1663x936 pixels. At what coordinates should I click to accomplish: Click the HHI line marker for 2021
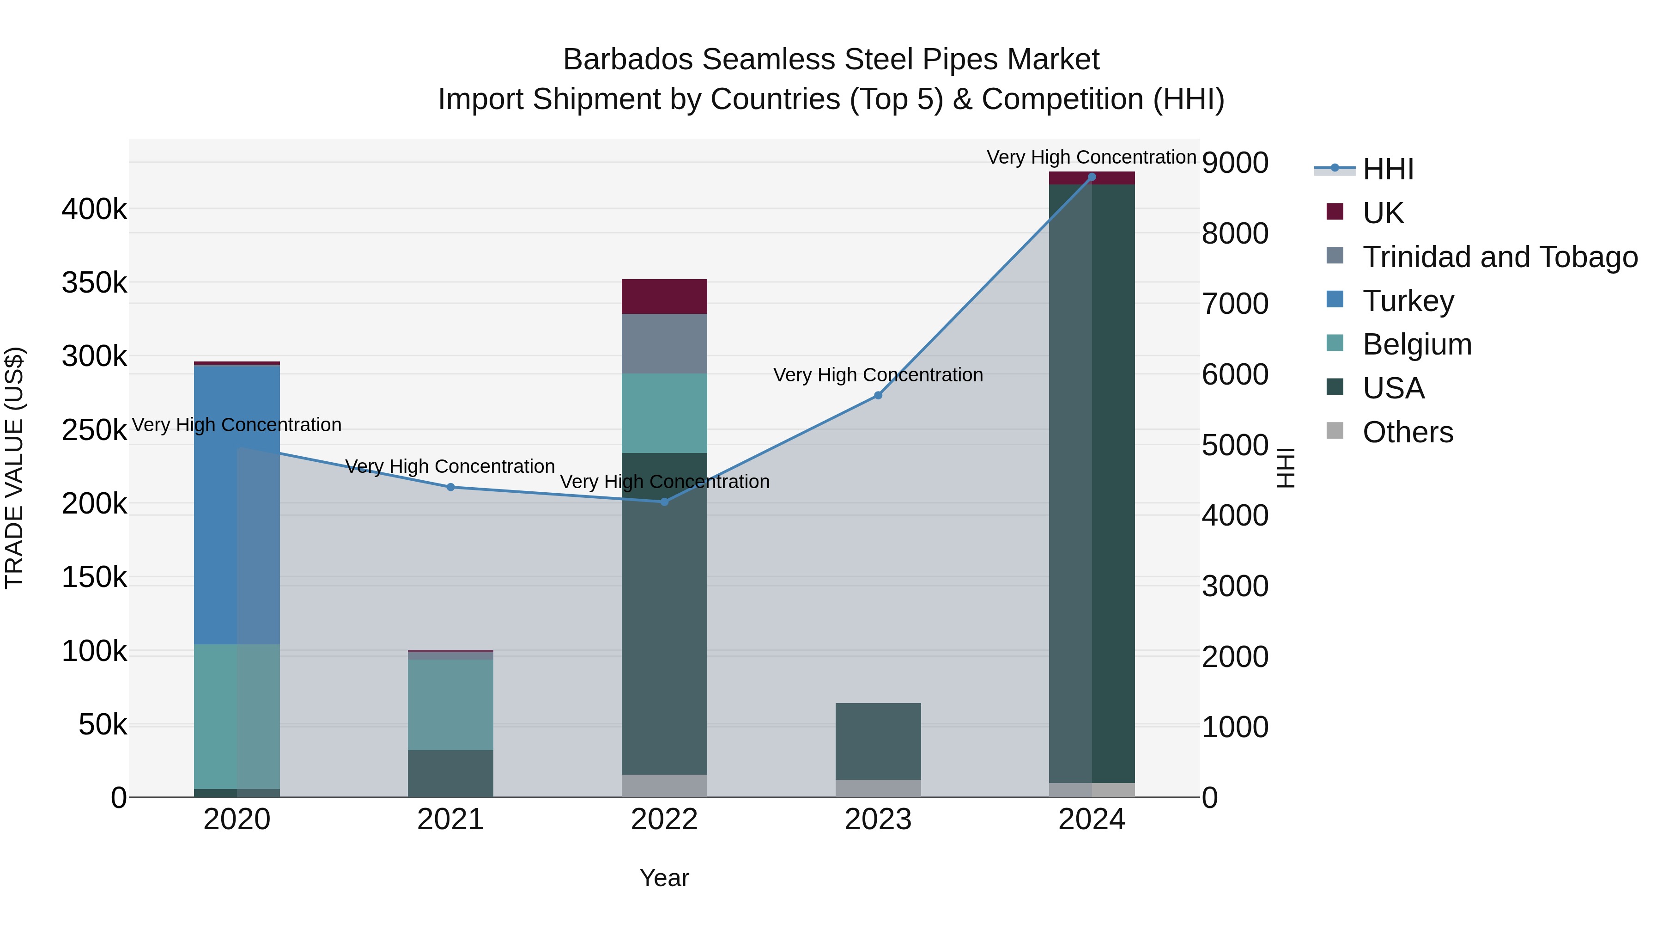click(x=450, y=487)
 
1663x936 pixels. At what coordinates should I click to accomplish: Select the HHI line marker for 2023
click(x=878, y=395)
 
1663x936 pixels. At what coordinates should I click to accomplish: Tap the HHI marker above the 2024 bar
click(x=1092, y=177)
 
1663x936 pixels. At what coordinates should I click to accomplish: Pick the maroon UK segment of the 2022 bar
click(x=664, y=296)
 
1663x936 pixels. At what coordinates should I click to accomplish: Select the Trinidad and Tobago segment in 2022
click(x=664, y=343)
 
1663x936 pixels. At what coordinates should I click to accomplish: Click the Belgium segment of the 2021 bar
click(x=450, y=704)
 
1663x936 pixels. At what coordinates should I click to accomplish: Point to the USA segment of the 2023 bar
click(x=878, y=741)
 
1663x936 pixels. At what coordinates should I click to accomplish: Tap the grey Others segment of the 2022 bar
click(x=664, y=785)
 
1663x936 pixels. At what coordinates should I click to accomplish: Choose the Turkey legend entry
click(x=1408, y=301)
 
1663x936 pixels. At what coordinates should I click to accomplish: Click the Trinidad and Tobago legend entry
click(x=1499, y=257)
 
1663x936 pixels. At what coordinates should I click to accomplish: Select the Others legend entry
click(x=1408, y=432)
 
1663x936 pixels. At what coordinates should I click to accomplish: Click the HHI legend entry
click(x=1388, y=169)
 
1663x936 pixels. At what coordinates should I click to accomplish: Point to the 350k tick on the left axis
click(x=94, y=283)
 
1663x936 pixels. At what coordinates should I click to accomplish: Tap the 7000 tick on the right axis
click(x=1235, y=304)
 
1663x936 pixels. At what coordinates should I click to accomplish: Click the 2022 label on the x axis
click(x=664, y=820)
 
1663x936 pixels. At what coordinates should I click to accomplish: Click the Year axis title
click(x=664, y=878)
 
